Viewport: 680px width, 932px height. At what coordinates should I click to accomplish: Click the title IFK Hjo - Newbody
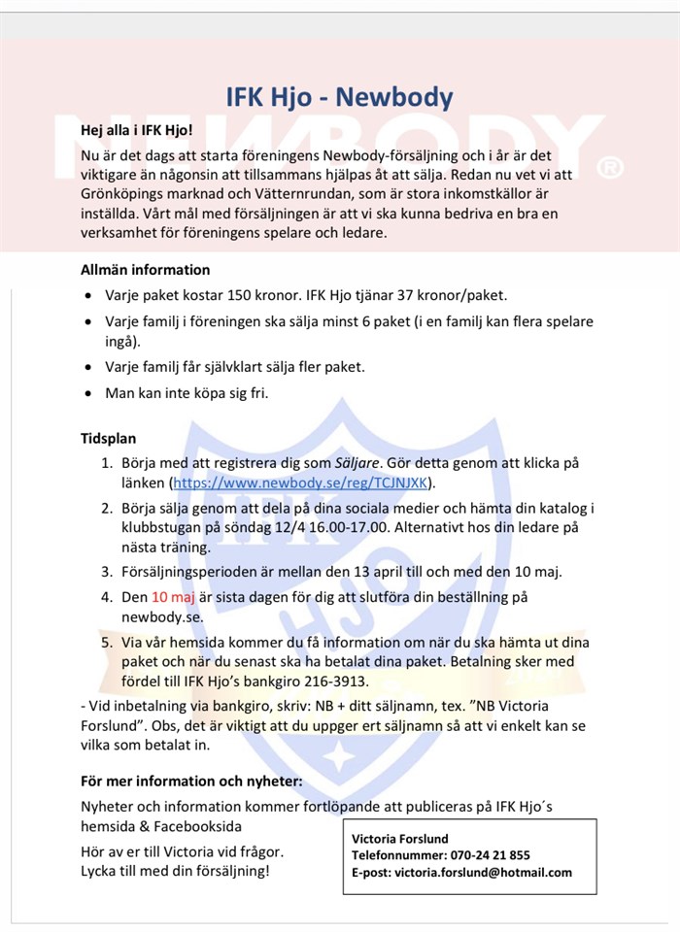pyautogui.click(x=339, y=97)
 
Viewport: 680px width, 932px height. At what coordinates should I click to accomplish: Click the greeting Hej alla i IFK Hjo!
pyautogui.click(x=137, y=129)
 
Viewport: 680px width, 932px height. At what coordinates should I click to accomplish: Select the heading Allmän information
pyautogui.click(x=145, y=270)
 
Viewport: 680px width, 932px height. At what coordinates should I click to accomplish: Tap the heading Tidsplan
pyautogui.click(x=108, y=439)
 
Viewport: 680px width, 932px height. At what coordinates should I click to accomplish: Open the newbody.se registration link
pyautogui.click(x=302, y=482)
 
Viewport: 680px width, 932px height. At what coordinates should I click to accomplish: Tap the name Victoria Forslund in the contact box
pyautogui.click(x=399, y=838)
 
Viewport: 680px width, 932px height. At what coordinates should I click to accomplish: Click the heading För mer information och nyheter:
pyautogui.click(x=191, y=781)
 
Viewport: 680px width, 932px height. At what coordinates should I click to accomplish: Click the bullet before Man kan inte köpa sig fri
pyautogui.click(x=89, y=394)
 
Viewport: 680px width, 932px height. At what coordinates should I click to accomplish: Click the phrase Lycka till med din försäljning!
pyautogui.click(x=175, y=870)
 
